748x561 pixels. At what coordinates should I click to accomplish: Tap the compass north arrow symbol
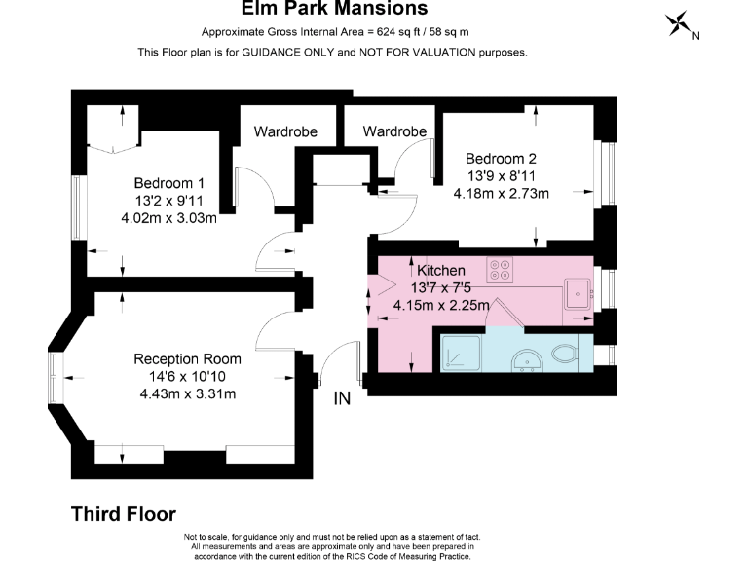point(679,25)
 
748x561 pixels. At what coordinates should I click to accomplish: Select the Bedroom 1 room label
point(168,183)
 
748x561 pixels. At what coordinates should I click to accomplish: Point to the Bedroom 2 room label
point(501,158)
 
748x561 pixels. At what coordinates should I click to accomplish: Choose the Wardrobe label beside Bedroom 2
point(394,131)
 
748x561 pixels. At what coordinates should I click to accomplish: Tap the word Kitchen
point(441,270)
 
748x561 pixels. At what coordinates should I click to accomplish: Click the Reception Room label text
point(187,359)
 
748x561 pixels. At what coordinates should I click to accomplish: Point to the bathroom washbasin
point(529,359)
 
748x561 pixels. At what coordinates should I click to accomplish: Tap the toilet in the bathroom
point(564,354)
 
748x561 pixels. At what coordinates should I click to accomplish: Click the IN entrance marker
point(342,398)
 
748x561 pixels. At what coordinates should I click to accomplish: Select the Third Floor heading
point(124,513)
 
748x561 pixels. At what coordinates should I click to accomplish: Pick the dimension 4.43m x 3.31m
point(187,393)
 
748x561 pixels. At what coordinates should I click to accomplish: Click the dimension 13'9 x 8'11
point(501,175)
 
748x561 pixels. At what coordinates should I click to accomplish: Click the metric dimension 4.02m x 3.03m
point(168,217)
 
